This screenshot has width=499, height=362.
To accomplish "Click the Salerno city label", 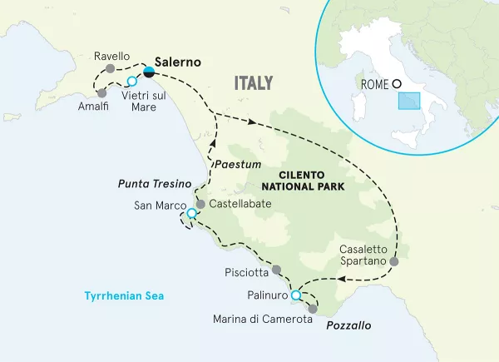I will click(179, 62).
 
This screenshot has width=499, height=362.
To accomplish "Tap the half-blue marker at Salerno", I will click(148, 73).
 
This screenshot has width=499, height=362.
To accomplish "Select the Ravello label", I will click(111, 56).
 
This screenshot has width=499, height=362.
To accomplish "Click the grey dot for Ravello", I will click(111, 68).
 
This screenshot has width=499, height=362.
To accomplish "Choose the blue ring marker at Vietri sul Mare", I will click(131, 81).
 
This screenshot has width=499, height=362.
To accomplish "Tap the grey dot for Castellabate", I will click(200, 203).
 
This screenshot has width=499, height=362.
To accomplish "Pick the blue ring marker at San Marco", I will click(192, 214).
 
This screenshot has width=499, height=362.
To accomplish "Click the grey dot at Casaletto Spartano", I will click(394, 261).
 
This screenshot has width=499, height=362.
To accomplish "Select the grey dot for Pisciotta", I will click(277, 270).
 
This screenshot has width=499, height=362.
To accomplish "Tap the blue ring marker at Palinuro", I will click(295, 295).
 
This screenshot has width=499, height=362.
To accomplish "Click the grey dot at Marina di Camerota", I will click(313, 309).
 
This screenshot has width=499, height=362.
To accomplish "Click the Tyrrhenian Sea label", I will click(126, 295).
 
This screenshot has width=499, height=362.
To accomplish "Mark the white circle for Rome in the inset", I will click(397, 83).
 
